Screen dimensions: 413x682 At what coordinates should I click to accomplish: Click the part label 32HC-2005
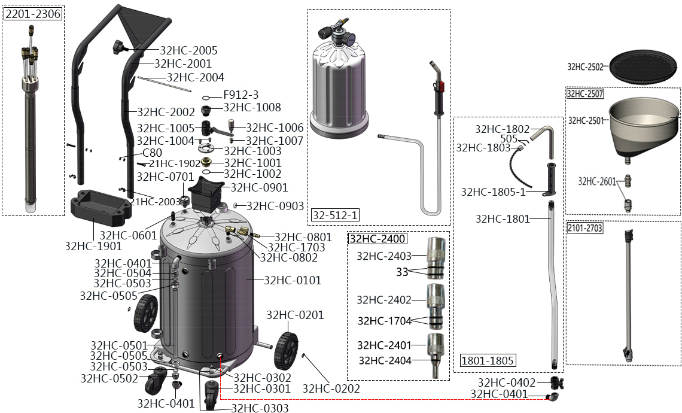188,51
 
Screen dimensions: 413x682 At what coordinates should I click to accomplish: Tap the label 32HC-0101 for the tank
292,280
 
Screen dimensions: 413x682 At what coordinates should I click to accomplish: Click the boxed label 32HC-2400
377,239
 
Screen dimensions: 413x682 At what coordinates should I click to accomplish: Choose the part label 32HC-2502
587,67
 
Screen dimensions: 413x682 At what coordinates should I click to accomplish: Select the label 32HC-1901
93,245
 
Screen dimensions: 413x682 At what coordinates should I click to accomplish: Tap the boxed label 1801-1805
488,360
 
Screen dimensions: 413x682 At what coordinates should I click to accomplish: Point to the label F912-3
240,95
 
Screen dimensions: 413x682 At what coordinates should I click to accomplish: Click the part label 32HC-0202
331,388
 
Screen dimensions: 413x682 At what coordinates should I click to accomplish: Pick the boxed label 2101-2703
586,228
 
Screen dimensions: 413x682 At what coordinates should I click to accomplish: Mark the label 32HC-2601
597,181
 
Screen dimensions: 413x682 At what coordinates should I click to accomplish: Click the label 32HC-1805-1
493,192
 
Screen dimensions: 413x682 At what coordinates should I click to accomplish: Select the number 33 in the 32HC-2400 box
402,272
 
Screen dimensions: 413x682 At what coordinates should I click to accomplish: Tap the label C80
152,153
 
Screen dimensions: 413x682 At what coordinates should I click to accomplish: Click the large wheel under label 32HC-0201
287,351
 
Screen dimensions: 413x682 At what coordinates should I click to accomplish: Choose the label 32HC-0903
275,206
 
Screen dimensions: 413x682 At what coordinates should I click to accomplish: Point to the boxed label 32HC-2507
585,93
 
